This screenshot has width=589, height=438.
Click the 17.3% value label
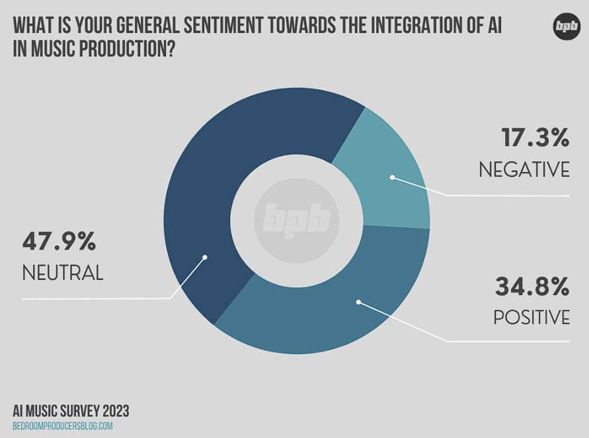pyautogui.click(x=535, y=138)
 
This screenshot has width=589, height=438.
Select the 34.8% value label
pyautogui.click(x=531, y=286)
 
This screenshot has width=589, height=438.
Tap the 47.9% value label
pyautogui.click(x=59, y=241)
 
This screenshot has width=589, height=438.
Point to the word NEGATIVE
pyautogui.click(x=524, y=170)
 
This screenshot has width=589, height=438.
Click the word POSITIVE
pyautogui.click(x=531, y=318)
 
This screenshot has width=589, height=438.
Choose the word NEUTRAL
pyautogui.click(x=63, y=273)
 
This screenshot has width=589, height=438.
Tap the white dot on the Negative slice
pyautogui.click(x=392, y=177)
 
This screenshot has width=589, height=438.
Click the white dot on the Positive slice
pyautogui.click(x=358, y=302)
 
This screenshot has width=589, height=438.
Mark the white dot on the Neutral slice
pyautogui.click(x=204, y=257)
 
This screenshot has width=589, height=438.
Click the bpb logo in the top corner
pyautogui.click(x=567, y=26)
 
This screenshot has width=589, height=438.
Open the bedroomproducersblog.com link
pyautogui.click(x=63, y=426)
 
